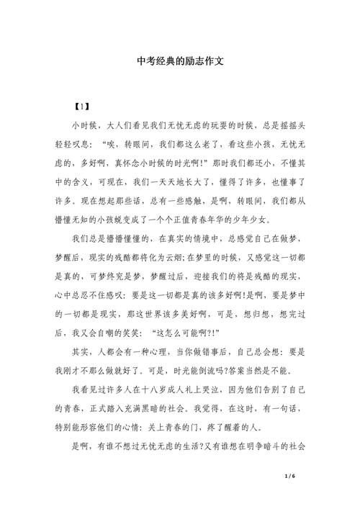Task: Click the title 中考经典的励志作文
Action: pos(180,62)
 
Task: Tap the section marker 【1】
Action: pos(81,107)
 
